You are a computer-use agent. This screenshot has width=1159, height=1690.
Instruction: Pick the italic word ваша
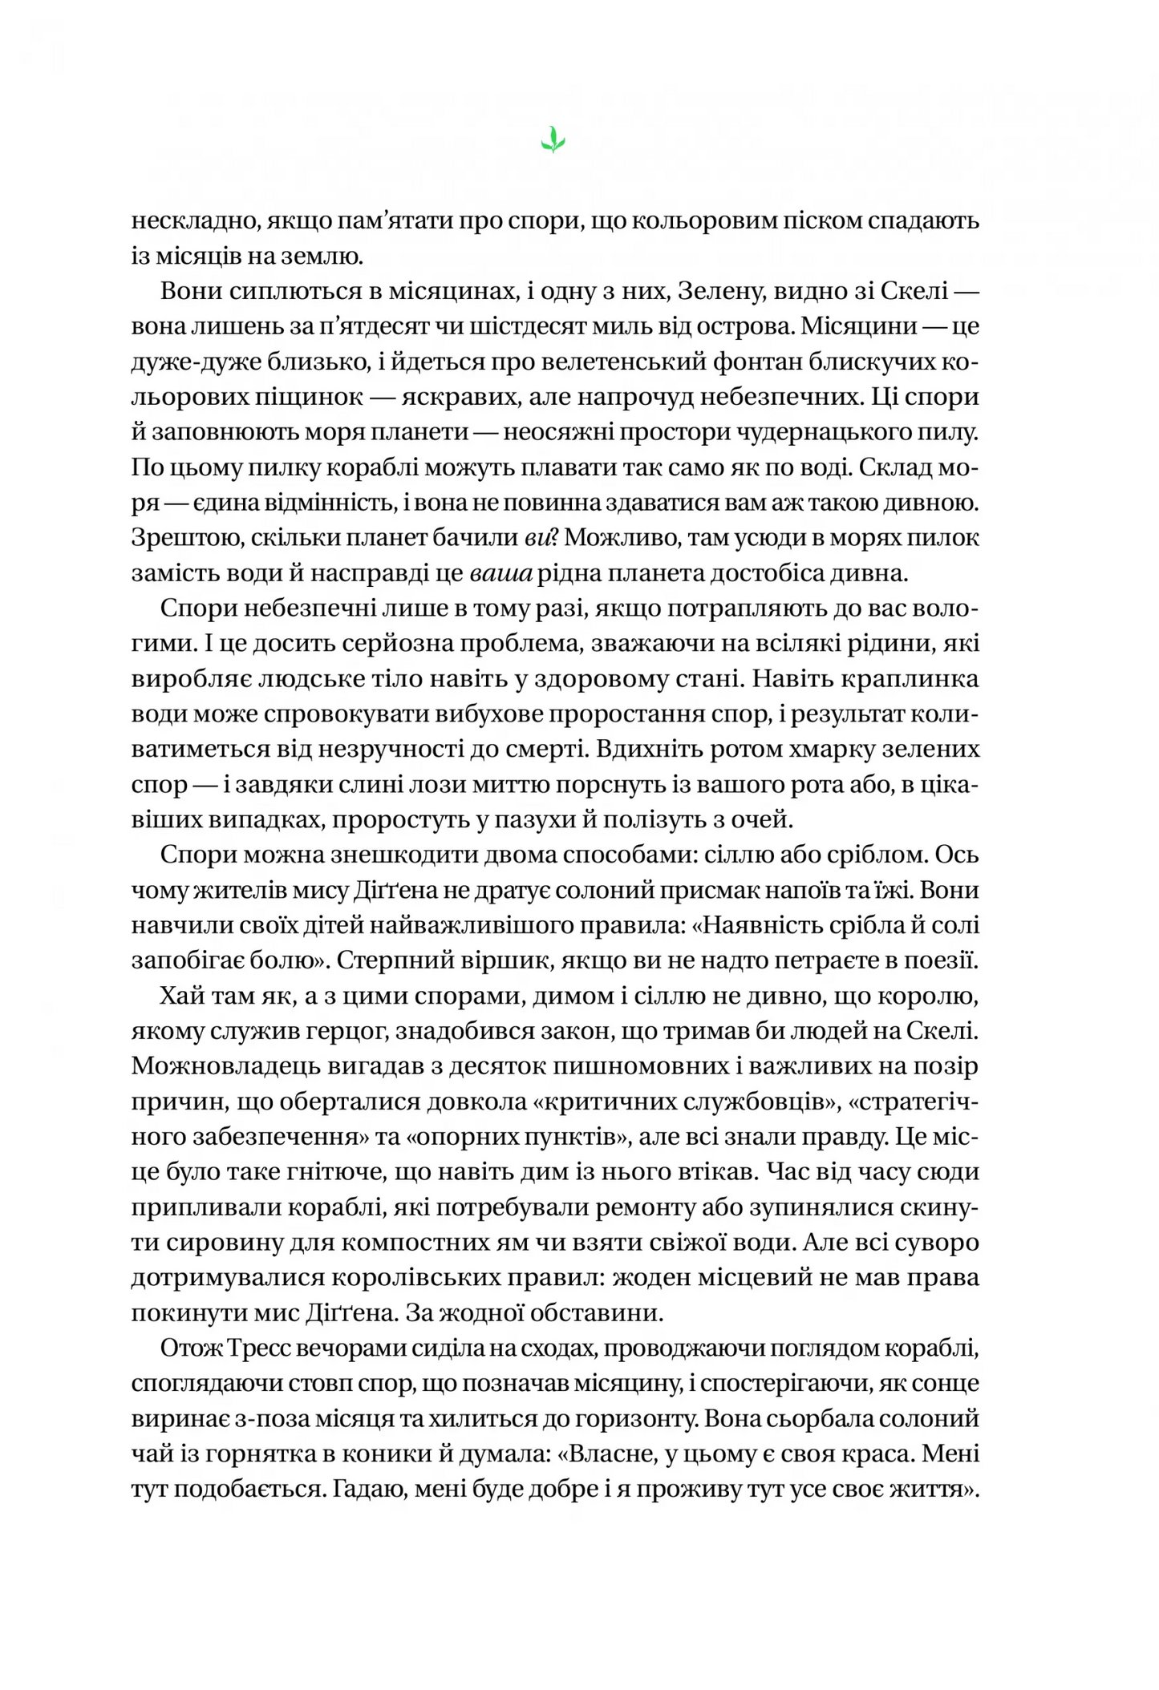coord(495,573)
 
